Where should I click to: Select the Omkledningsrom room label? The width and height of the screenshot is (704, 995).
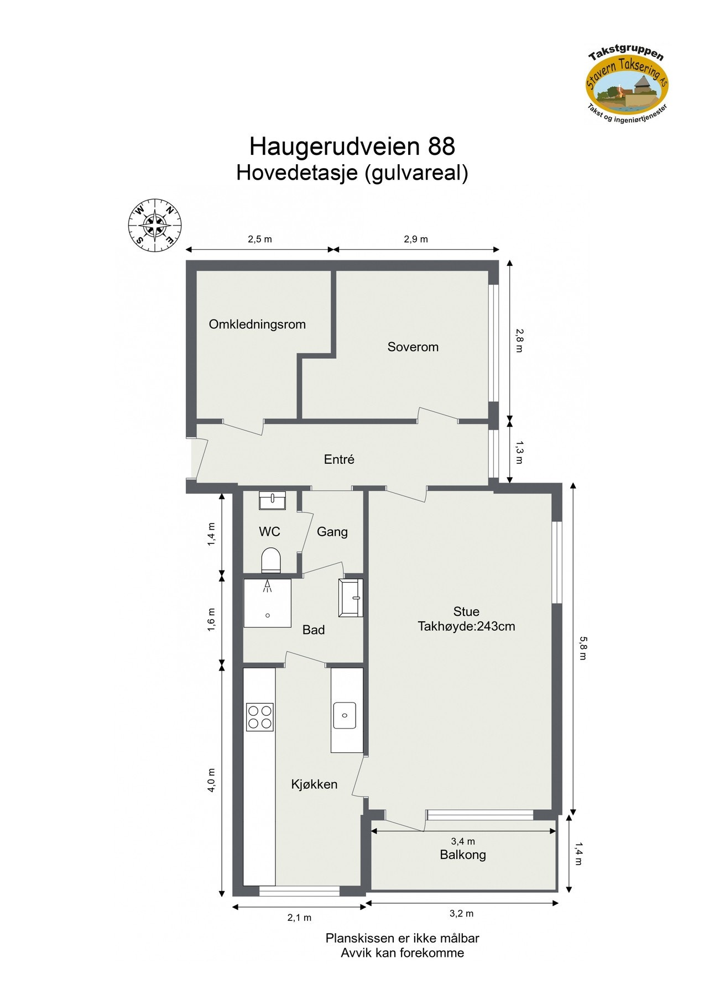tap(257, 324)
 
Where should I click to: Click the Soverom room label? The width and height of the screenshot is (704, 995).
tap(413, 347)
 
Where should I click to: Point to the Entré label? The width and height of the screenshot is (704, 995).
tap(339, 459)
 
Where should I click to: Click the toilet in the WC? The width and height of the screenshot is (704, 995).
tap(271, 560)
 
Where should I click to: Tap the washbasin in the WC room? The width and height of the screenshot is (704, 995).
tap(272, 500)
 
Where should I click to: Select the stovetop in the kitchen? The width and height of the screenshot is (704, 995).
tap(260, 717)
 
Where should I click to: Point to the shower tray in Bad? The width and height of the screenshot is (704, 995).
tap(268, 603)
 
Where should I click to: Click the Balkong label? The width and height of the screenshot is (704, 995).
tap(463, 855)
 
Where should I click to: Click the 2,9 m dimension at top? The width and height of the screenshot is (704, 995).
tap(416, 239)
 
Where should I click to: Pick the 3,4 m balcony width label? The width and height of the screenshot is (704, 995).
tap(463, 841)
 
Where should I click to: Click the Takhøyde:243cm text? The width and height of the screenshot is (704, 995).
tap(466, 627)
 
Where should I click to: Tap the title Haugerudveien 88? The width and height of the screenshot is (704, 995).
tap(352, 146)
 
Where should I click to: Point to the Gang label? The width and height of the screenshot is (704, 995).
tap(332, 532)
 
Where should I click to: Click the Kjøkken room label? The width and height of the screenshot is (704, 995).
tap(314, 784)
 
